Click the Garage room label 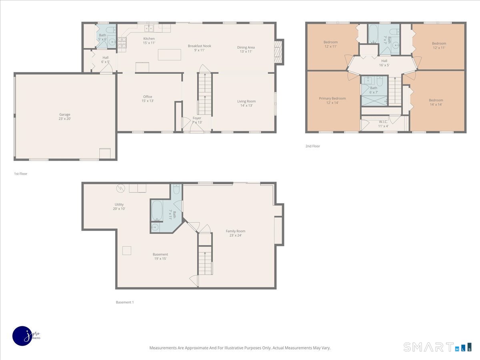point(65,117)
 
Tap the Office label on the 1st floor point(148,99)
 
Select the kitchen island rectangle point(169,54)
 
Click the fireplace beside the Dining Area point(279,52)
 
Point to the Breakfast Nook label point(199,48)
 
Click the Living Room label point(246,103)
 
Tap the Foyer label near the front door point(197,120)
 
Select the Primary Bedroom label point(332,100)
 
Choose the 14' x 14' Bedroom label point(436,102)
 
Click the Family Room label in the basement point(235,233)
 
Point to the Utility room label point(119,206)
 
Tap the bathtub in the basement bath point(157,210)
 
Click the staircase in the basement point(205,260)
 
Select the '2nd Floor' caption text point(312,146)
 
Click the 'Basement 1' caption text point(124,302)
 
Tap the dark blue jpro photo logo point(23,335)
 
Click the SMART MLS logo point(437,347)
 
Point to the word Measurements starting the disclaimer point(163,348)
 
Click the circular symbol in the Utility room point(121,188)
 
